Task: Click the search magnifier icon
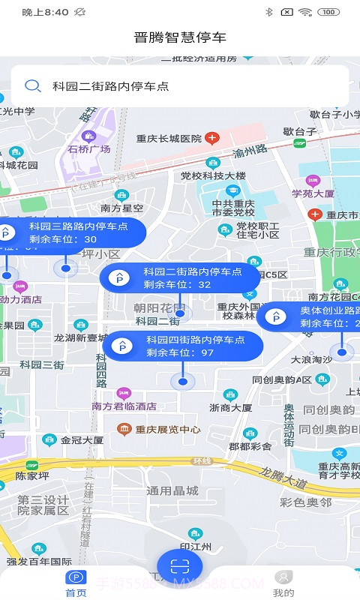tap(33, 85)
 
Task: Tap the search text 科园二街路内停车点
tap(111, 86)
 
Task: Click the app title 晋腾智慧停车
tap(180, 37)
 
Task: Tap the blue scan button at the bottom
tap(180, 566)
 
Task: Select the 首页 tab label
tap(76, 592)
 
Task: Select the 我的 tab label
tap(283, 592)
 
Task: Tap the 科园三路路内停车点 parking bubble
tap(72, 232)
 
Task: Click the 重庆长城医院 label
tap(169, 139)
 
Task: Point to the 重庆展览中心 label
tap(168, 430)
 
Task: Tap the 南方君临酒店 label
tap(124, 406)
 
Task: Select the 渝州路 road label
tap(250, 152)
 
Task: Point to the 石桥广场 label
tap(88, 148)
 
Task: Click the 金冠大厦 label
tap(82, 440)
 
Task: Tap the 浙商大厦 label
tap(231, 408)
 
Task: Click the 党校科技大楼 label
tap(213, 175)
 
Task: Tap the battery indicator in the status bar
tap(328, 12)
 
